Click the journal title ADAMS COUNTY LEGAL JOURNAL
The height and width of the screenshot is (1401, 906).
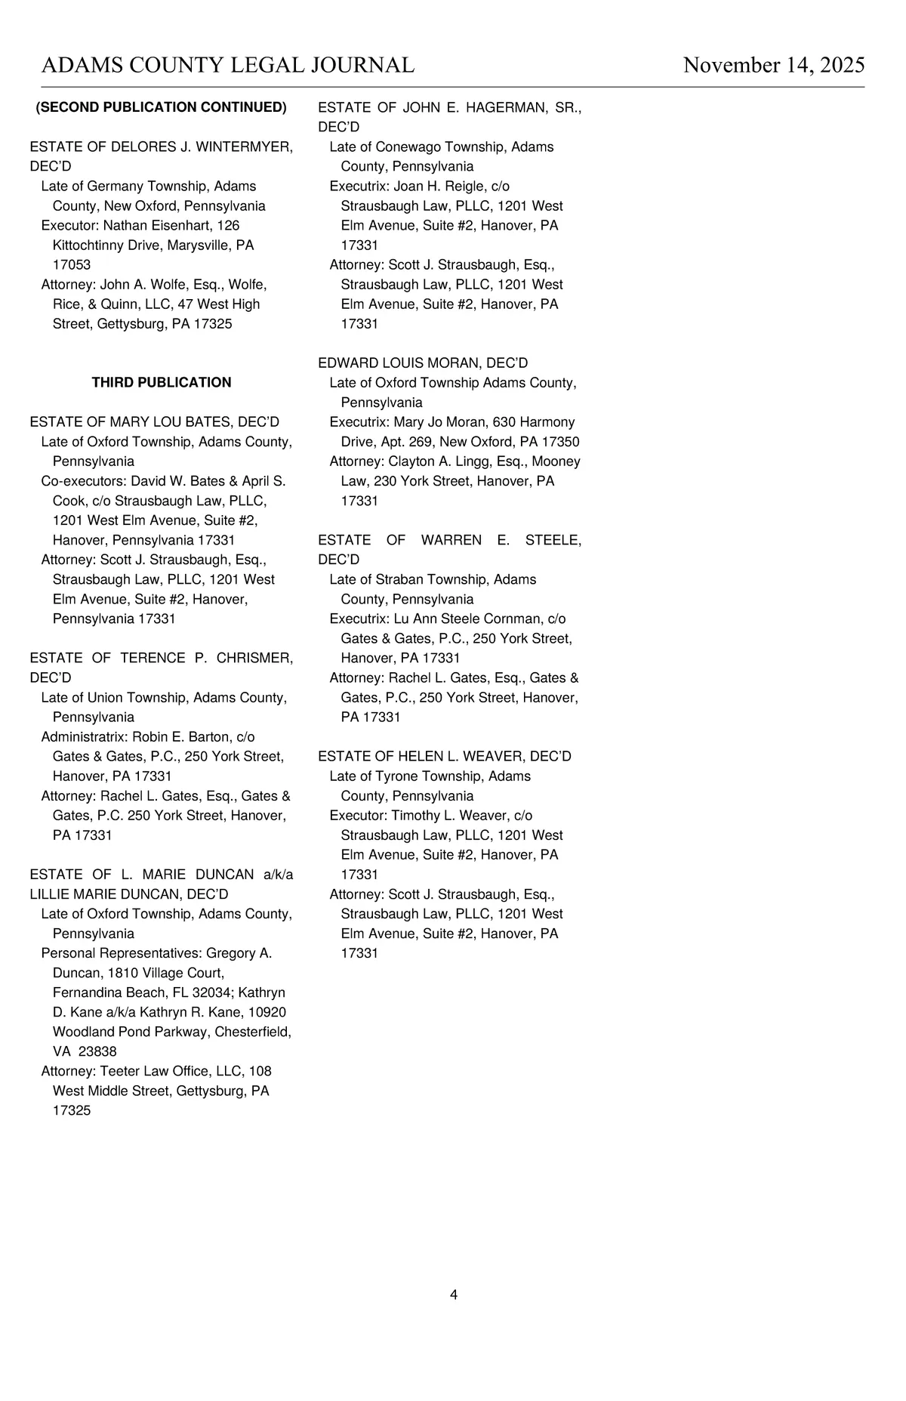(227, 65)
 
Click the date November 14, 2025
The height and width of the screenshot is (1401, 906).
(773, 65)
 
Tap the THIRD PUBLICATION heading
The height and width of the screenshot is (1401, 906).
(162, 383)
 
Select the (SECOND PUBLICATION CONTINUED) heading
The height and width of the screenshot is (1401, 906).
(162, 107)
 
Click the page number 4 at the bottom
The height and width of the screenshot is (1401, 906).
(454, 1295)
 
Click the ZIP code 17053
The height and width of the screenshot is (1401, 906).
(72, 265)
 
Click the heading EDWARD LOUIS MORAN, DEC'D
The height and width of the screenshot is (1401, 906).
(423, 363)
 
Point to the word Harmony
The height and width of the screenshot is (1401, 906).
(547, 422)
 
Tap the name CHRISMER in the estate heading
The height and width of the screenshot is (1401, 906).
(254, 658)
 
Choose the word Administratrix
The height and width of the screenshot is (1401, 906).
(84, 736)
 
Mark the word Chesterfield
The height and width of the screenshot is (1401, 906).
(253, 1032)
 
